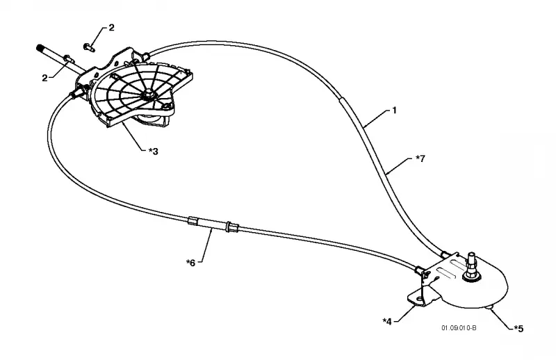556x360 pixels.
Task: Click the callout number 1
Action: pos(394,111)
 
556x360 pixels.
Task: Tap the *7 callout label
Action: pos(420,158)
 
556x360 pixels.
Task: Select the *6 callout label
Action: pos(190,263)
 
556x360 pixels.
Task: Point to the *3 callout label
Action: pos(153,152)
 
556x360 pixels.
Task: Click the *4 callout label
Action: pos(387,321)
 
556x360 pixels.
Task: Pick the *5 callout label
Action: pos(518,329)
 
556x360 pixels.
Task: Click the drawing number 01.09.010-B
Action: pos(459,328)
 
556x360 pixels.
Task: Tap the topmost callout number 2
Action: pos(111,28)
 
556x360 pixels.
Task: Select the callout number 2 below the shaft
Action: pos(44,78)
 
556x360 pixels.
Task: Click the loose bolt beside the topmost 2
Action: pos(88,47)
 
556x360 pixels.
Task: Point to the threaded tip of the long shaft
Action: pos(40,48)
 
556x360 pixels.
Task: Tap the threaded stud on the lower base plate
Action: pos(473,266)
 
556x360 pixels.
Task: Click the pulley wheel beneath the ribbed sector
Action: pos(149,121)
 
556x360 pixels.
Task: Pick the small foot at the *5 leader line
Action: pos(490,307)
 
